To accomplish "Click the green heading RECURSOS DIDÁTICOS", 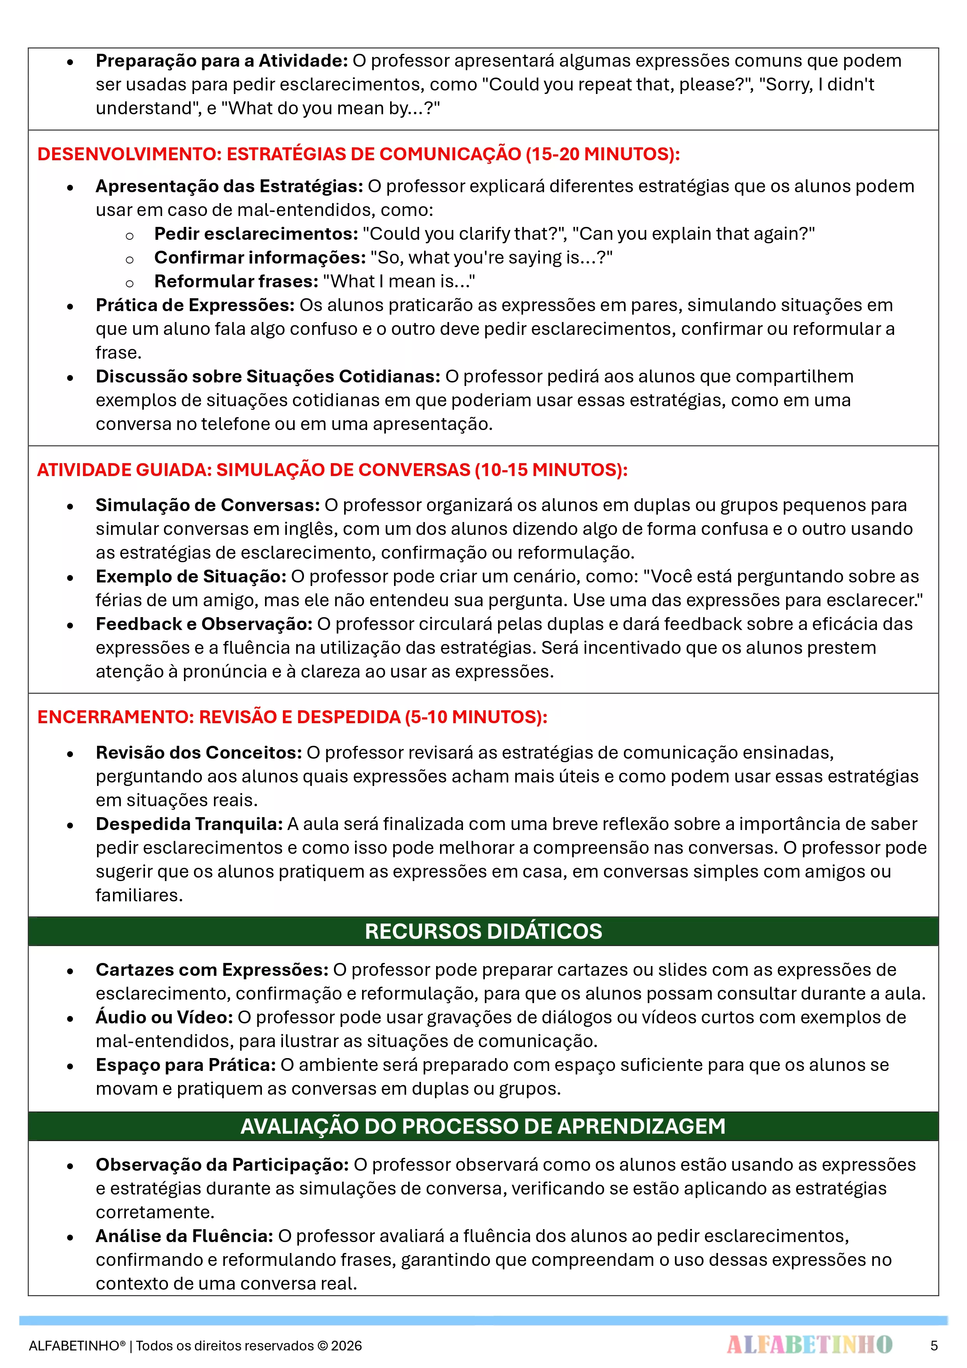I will point(483,931).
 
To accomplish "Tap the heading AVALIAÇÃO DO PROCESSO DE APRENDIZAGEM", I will point(483,1126).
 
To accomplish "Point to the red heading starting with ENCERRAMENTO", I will point(292,717).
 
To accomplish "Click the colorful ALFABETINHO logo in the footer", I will point(809,1344).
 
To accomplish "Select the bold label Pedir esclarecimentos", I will point(256,234).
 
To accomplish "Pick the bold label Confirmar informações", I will point(260,257).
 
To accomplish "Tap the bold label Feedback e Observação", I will point(204,624).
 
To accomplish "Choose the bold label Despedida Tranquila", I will point(189,824).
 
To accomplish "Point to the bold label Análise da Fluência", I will point(184,1236).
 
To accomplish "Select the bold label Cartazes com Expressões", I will point(212,970).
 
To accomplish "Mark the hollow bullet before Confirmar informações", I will point(129,259).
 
